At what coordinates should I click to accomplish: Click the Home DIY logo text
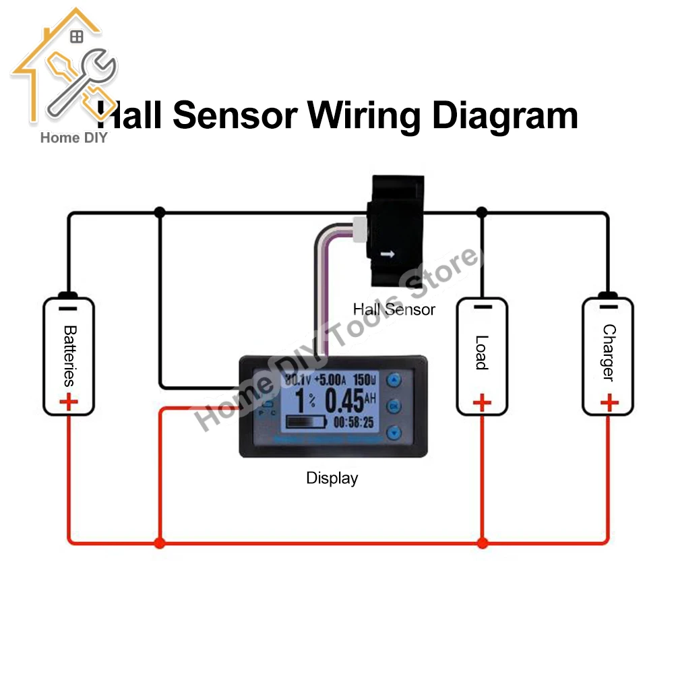74,138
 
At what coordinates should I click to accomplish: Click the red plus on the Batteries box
69,403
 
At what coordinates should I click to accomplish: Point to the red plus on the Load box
481,403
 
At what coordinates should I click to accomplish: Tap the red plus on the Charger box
609,403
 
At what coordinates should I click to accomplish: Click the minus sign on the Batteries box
68,309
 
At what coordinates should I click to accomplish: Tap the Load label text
481,353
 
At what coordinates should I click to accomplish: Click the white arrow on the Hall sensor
387,255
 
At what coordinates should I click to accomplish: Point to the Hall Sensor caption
394,309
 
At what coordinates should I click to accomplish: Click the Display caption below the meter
332,479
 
